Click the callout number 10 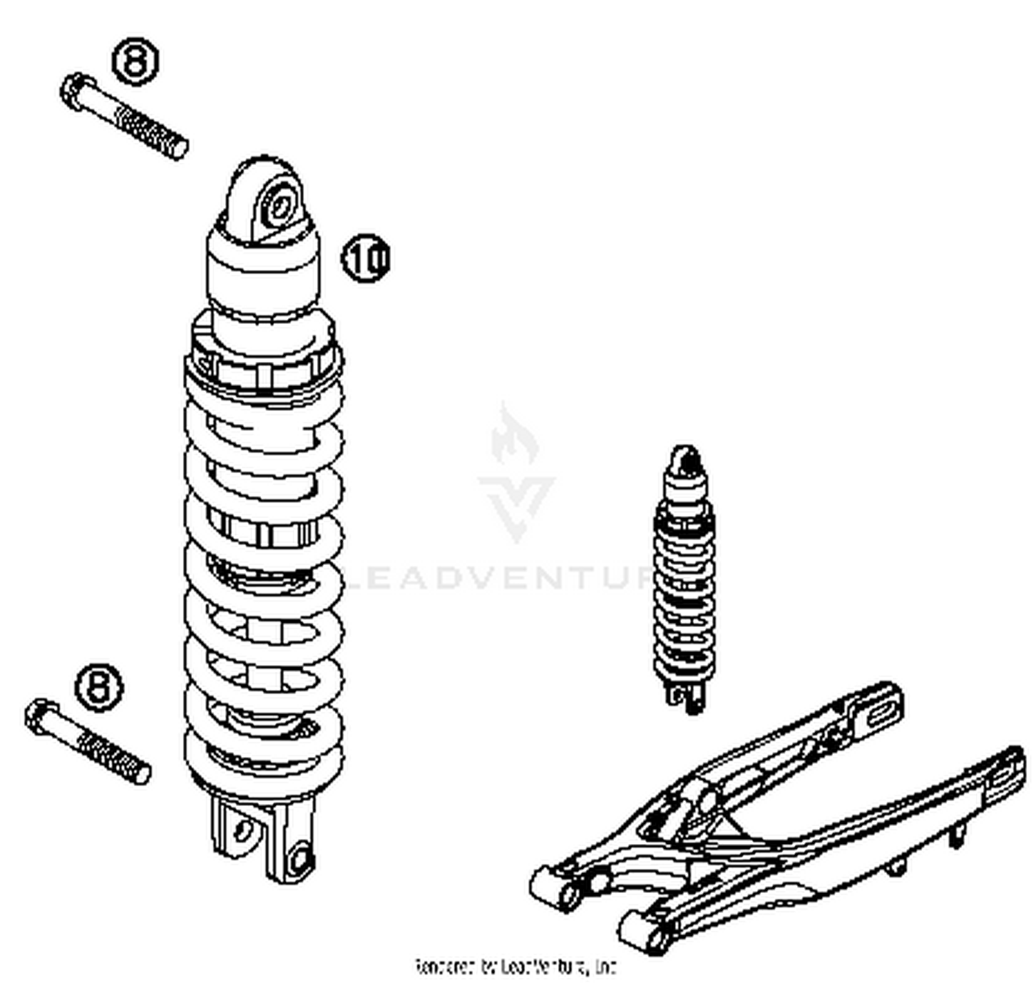click(366, 259)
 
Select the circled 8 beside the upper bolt click(135, 61)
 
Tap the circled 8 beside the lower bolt click(99, 687)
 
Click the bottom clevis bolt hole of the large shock click(300, 858)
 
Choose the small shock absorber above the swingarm click(684, 573)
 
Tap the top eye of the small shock click(685, 459)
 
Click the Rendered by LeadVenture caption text click(515, 966)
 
